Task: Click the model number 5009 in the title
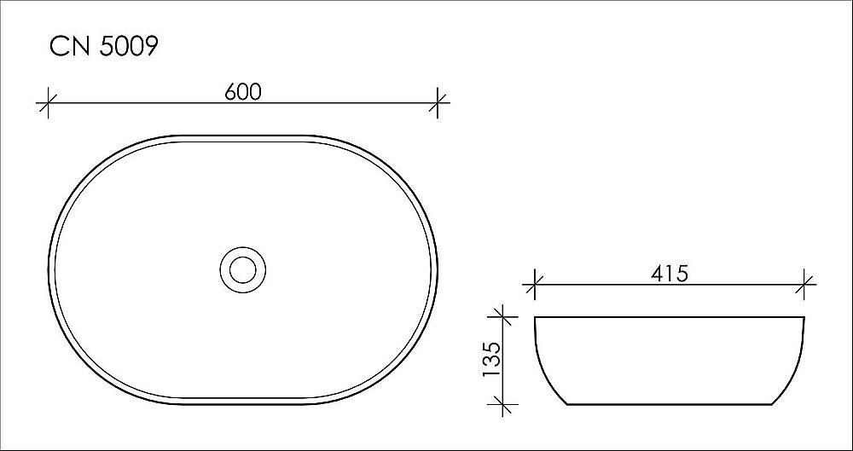(x=128, y=48)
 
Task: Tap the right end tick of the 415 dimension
(x=805, y=286)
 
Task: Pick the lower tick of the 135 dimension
(x=505, y=403)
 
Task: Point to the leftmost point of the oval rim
(x=49, y=269)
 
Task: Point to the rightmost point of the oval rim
(x=437, y=269)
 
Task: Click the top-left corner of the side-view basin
(x=535, y=318)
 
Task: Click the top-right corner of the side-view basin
(x=805, y=318)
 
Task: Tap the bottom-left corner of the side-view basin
(x=570, y=403)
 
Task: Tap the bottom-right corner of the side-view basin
(x=770, y=403)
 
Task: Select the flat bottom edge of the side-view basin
(x=670, y=403)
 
